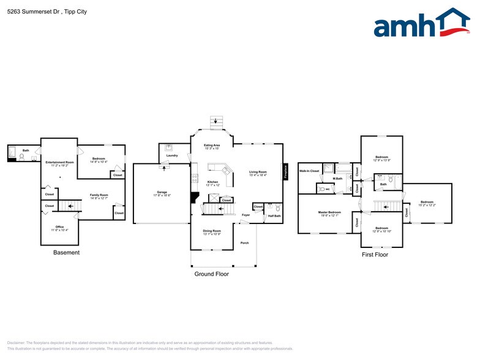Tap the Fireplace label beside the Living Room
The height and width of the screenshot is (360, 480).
pyautogui.click(x=285, y=171)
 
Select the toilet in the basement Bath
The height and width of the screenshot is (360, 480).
pyautogui.click(x=22, y=157)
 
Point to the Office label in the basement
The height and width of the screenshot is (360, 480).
pyautogui.click(x=59, y=227)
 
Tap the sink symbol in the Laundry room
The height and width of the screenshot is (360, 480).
pyautogui.click(x=169, y=148)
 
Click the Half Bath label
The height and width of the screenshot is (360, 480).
pyautogui.click(x=274, y=216)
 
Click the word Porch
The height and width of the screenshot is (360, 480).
pyautogui.click(x=244, y=242)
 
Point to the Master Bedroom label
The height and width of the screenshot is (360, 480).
pyautogui.click(x=329, y=212)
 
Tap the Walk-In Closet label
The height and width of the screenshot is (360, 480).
pyautogui.click(x=309, y=171)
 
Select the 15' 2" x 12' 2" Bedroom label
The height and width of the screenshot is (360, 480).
pyautogui.click(x=427, y=204)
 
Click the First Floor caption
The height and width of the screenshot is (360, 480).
pyautogui.click(x=374, y=255)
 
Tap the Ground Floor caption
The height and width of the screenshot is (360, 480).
pyautogui.click(x=212, y=274)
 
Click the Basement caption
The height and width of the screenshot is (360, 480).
pyautogui.click(x=66, y=252)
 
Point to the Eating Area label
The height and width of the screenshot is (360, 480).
pyautogui.click(x=211, y=145)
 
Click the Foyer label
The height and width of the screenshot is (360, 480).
pyautogui.click(x=246, y=216)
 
